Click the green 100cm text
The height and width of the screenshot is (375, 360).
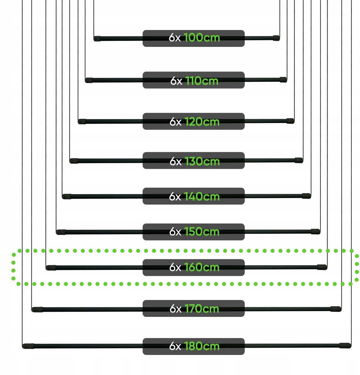[x=202, y=37]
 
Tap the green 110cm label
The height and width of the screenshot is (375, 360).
[x=202, y=81]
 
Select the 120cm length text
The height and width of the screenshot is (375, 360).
[x=202, y=122]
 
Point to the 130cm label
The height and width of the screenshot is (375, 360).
[x=202, y=161]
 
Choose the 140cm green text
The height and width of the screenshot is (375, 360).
[x=202, y=197]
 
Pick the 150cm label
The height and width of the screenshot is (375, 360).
[x=202, y=232]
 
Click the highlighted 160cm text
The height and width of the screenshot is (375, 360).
[x=202, y=267]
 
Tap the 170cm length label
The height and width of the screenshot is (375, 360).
[x=202, y=308]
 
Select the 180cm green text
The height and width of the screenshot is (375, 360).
[x=202, y=346]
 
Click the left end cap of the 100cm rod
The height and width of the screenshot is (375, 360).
[x=97, y=38]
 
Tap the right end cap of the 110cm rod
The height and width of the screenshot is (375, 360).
[x=284, y=80]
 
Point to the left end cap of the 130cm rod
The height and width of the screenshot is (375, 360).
[x=74, y=161]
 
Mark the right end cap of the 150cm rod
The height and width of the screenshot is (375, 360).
[x=316, y=232]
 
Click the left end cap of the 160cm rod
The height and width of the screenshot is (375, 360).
[x=51, y=268]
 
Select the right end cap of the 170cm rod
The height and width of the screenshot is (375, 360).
[x=336, y=309]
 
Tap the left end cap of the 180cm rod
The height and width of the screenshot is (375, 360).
[x=28, y=346]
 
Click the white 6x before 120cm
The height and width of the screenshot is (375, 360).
[x=175, y=122]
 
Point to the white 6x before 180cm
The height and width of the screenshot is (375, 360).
[x=175, y=346]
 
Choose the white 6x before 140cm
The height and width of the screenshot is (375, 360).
[x=175, y=197]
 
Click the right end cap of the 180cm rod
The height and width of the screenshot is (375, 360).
[x=346, y=346]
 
